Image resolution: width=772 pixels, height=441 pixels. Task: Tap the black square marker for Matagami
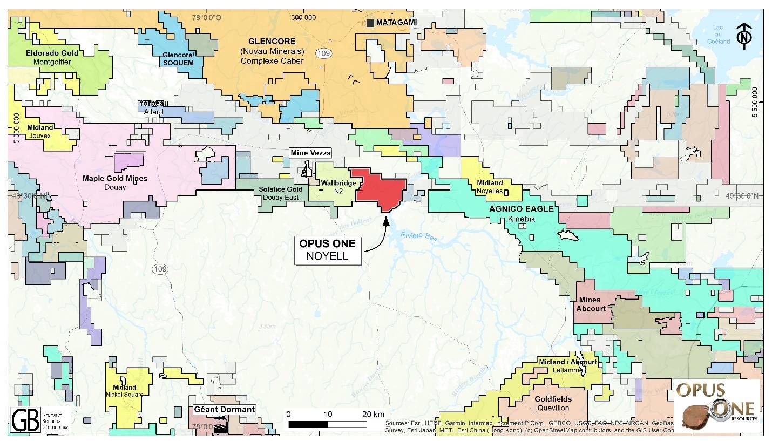coord(370,23)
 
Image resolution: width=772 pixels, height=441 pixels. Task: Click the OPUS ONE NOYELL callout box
coord(328,250)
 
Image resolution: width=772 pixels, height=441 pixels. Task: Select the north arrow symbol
coord(744,36)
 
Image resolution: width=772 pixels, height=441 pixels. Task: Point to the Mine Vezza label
coord(310,153)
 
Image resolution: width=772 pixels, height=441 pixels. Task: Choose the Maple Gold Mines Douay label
coord(115,182)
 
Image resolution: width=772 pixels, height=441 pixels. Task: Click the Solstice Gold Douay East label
coord(280,193)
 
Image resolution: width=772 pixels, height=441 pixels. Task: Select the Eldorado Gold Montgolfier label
coord(52,57)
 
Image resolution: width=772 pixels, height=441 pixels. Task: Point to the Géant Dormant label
coord(224,410)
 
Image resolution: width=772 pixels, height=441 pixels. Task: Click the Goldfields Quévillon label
coord(553,403)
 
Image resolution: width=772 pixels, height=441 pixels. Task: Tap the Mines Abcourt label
coord(591,304)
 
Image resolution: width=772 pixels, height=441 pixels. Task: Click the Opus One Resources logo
coord(717,406)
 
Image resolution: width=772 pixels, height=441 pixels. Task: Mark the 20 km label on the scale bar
coord(373,414)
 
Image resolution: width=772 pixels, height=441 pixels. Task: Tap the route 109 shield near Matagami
coord(328,52)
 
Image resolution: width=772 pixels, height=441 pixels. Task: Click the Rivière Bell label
coord(415,236)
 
